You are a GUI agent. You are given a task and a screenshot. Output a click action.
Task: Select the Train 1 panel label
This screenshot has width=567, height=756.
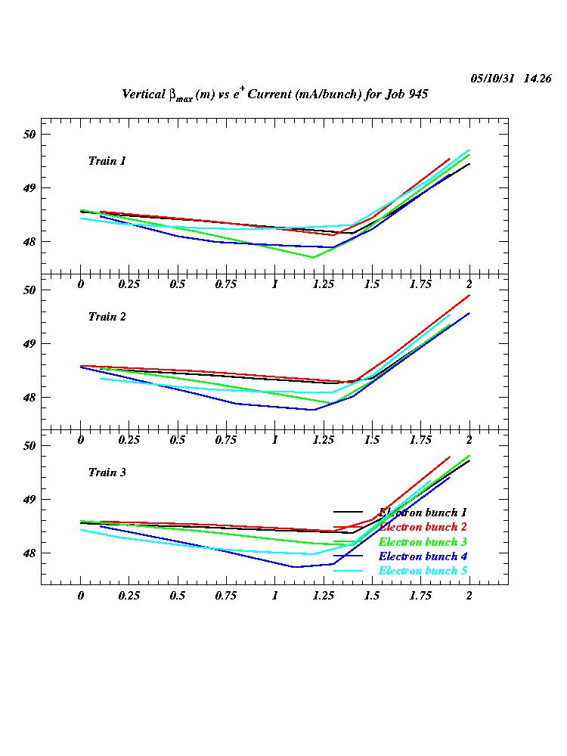click(x=107, y=161)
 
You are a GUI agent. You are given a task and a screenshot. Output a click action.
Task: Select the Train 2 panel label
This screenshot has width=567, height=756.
click(x=107, y=317)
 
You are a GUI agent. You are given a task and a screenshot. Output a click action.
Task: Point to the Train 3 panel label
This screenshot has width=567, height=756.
click(x=107, y=472)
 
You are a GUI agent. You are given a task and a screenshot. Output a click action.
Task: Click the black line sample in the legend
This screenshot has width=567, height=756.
click(x=349, y=513)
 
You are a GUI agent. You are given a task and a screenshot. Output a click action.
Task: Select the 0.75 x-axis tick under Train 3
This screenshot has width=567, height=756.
click(x=226, y=596)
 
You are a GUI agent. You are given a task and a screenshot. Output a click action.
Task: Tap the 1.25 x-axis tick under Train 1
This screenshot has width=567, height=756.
click(x=323, y=284)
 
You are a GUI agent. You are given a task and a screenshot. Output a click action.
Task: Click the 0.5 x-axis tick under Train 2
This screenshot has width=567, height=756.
click(x=178, y=440)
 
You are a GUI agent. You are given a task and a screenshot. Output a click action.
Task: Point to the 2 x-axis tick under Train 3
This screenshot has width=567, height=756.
click(x=469, y=596)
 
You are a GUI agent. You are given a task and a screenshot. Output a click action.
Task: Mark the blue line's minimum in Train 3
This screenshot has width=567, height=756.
click(x=294, y=567)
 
